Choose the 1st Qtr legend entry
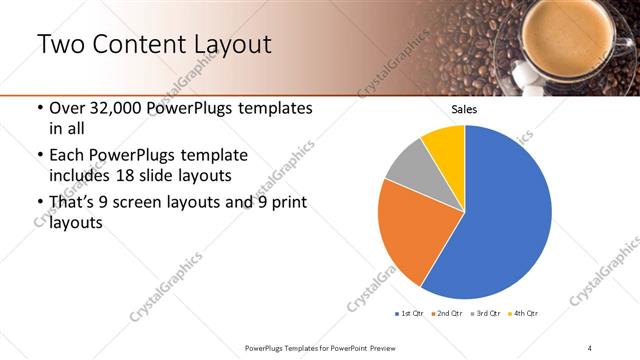[408, 314]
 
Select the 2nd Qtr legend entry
[447, 314]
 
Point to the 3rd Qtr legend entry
[485, 314]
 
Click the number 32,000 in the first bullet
[111, 108]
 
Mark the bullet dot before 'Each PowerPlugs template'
[39, 156]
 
